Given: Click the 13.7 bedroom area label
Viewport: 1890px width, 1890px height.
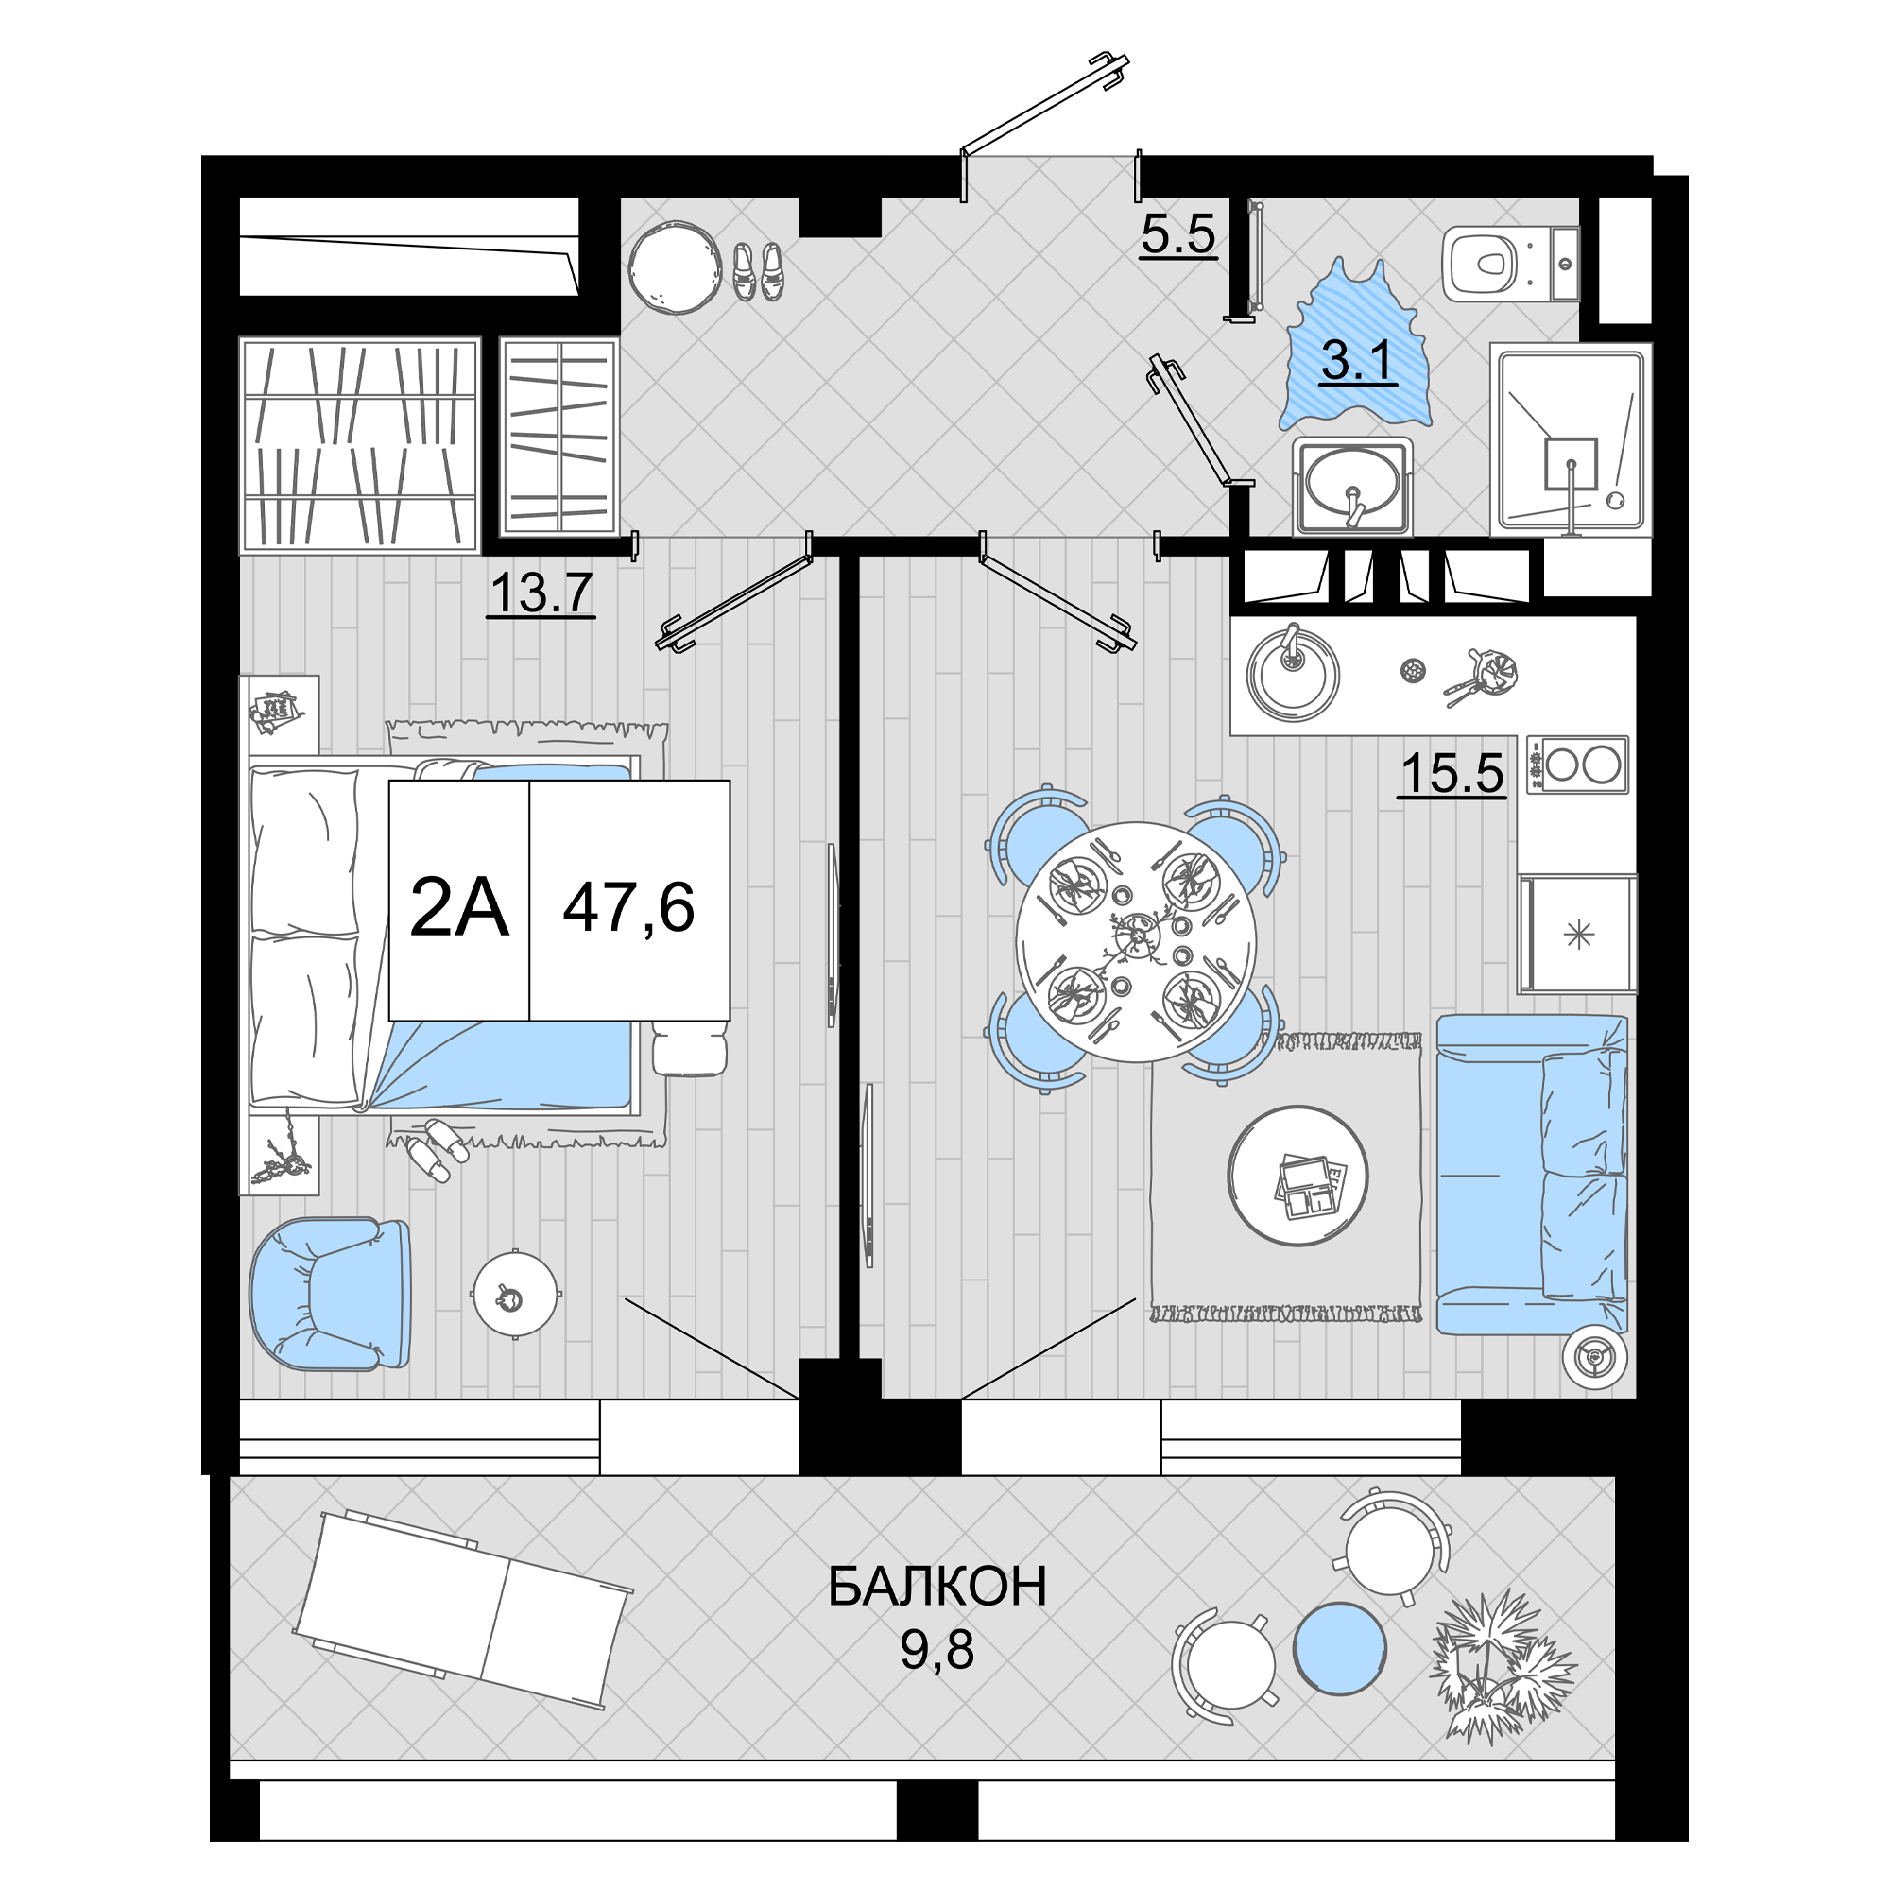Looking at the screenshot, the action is (x=541, y=593).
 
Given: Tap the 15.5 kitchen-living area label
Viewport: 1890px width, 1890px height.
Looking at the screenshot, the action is (x=1452, y=773).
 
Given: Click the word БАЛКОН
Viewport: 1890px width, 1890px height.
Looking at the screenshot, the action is (x=937, y=1587).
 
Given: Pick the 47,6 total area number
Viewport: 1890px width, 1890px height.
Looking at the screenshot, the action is (x=628, y=907).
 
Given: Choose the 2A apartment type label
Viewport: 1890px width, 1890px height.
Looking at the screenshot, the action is (x=459, y=907).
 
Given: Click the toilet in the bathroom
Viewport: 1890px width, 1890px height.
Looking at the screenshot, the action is (x=1509, y=263).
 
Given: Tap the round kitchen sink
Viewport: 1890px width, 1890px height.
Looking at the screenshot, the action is (x=1292, y=672).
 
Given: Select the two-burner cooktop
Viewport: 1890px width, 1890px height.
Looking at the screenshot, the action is (x=1578, y=764).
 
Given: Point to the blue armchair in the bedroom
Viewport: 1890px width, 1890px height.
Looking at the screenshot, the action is (x=330, y=1294).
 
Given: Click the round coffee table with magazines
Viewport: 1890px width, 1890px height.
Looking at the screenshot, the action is (x=1298, y=1175).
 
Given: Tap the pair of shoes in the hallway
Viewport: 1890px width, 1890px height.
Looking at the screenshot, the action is (x=758, y=271).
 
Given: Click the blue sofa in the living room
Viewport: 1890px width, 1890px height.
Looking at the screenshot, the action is (x=1532, y=1174).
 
